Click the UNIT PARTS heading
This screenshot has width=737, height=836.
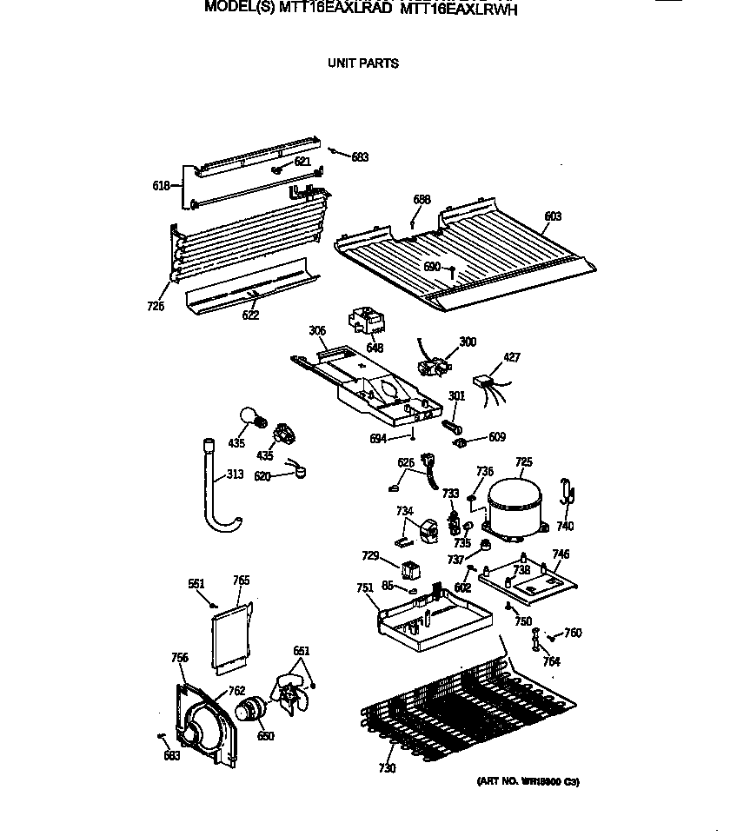pos(362,63)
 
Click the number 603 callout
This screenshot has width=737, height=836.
pos(553,216)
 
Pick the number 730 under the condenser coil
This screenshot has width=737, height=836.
pos(387,768)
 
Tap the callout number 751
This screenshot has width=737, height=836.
pos(365,588)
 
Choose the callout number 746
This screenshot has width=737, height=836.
pos(561,554)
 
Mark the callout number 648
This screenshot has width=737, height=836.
pos(375,348)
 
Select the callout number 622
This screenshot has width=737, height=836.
pos(250,315)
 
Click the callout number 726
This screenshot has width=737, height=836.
pos(156,306)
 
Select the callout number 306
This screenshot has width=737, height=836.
pos(316,330)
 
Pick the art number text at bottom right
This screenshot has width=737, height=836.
pos(528,782)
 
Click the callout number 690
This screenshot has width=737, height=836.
pos(432,267)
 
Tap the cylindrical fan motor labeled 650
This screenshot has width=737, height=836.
pos(253,710)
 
